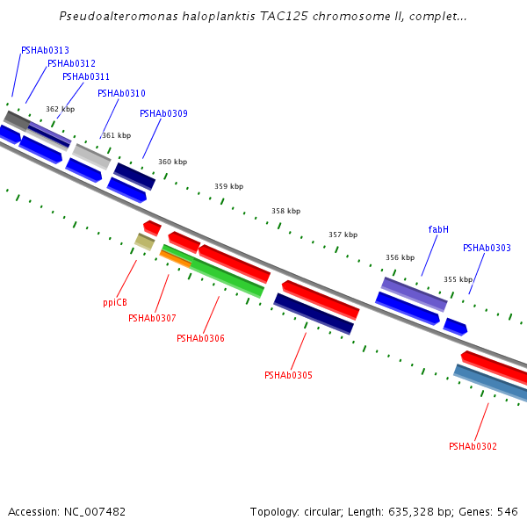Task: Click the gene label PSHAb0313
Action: [x=45, y=50]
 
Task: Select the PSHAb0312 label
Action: [x=72, y=63]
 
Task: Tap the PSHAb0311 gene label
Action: [x=86, y=76]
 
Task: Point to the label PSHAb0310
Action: [x=121, y=93]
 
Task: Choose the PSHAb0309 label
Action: [x=163, y=113]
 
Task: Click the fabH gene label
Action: [x=438, y=229]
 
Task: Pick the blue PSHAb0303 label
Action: [x=487, y=248]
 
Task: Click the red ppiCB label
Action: [x=115, y=302]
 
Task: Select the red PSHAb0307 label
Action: [x=152, y=318]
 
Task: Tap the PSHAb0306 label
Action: [x=200, y=338]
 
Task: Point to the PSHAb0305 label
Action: [x=288, y=375]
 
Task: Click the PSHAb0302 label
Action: [x=473, y=446]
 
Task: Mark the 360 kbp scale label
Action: [x=173, y=162]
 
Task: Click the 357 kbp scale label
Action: [x=343, y=235]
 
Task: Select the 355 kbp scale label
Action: [x=458, y=279]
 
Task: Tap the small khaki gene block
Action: [x=145, y=242]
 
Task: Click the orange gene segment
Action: [x=176, y=259]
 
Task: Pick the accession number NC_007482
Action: [x=95, y=512]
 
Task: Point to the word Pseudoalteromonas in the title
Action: [x=119, y=16]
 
